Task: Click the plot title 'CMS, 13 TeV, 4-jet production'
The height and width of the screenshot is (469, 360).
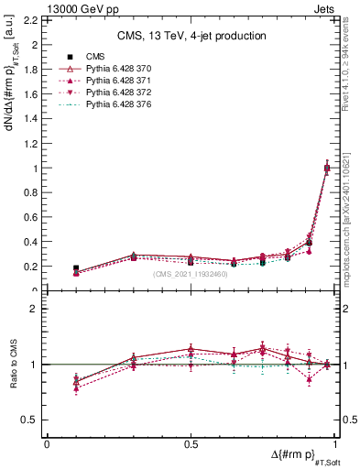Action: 191,36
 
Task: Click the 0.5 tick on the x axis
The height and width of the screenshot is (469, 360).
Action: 191,443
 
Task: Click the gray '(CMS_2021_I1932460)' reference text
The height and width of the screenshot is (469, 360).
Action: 191,274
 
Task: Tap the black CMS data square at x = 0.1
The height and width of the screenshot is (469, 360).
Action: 75,268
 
